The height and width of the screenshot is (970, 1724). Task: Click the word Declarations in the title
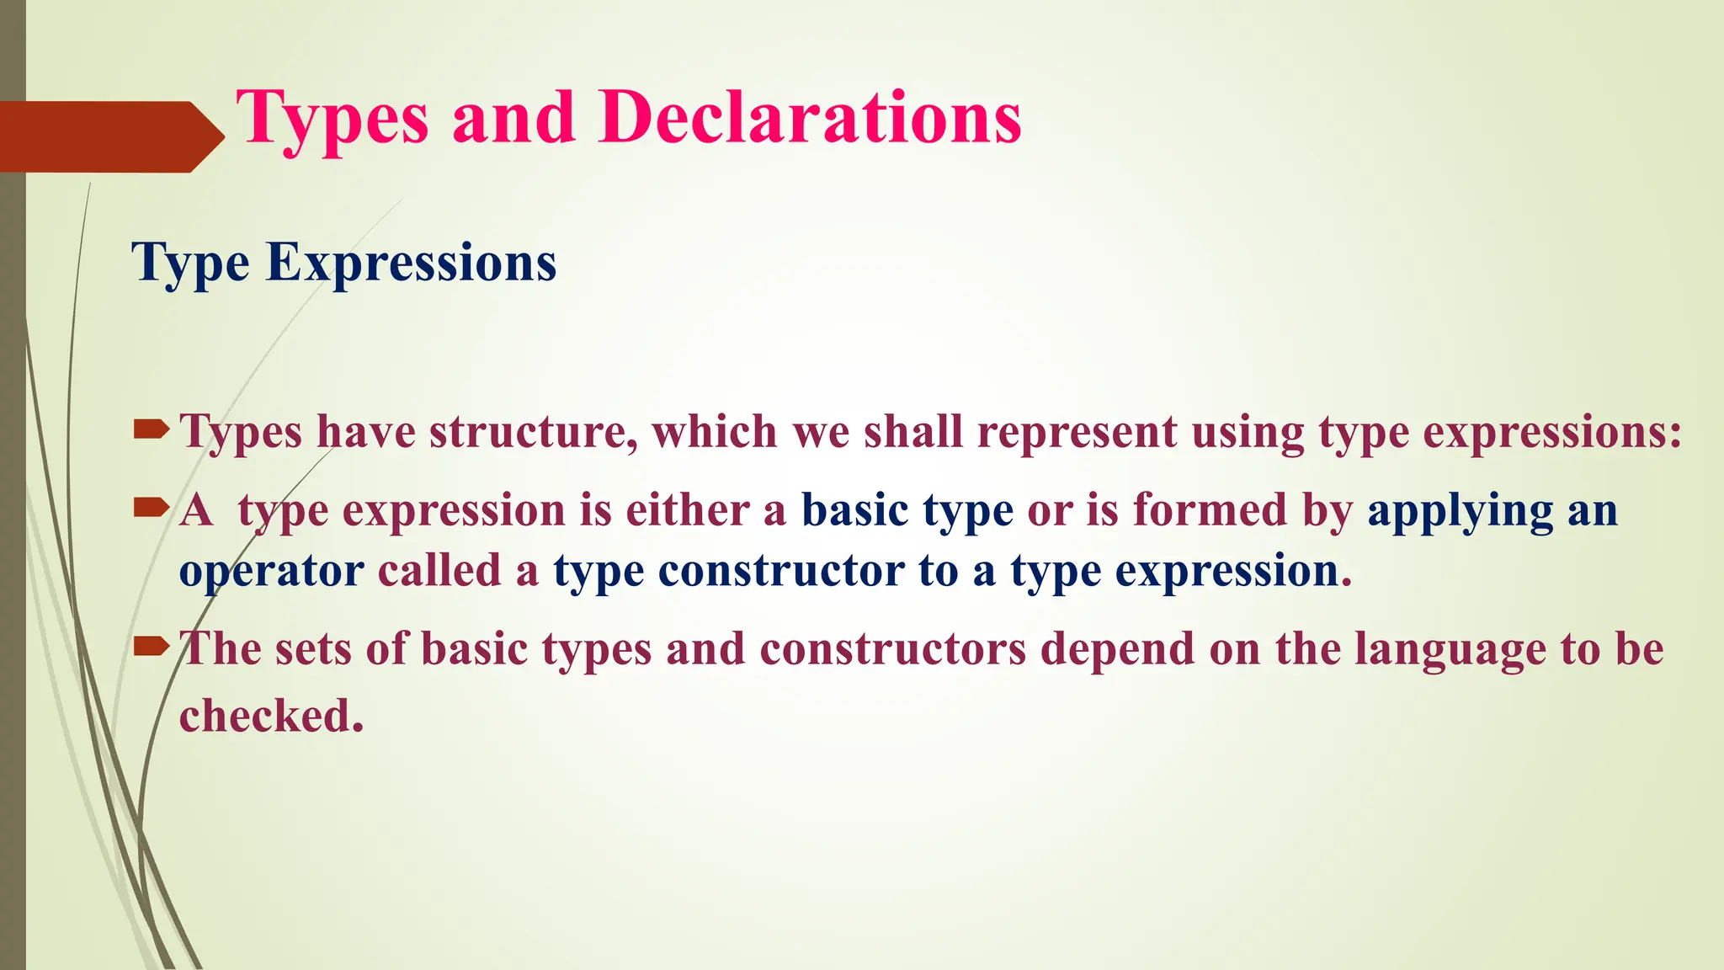810,118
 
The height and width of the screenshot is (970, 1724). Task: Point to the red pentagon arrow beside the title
109,136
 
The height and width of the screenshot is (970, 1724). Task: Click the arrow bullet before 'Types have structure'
152,432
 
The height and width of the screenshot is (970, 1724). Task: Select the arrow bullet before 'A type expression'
152,507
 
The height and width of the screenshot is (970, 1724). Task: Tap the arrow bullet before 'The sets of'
152,647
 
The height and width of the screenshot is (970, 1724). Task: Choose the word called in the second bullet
439,571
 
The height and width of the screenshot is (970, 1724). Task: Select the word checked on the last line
271,716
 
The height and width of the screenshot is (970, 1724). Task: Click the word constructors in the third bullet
892,648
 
